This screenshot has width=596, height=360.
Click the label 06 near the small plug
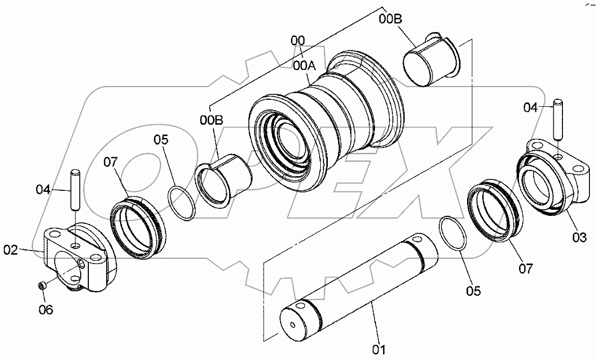(x=47, y=311)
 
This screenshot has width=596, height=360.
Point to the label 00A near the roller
(x=303, y=66)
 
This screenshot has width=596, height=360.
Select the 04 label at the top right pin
(x=532, y=107)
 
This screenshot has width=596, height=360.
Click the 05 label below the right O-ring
(x=473, y=291)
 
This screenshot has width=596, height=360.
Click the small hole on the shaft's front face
(x=293, y=325)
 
